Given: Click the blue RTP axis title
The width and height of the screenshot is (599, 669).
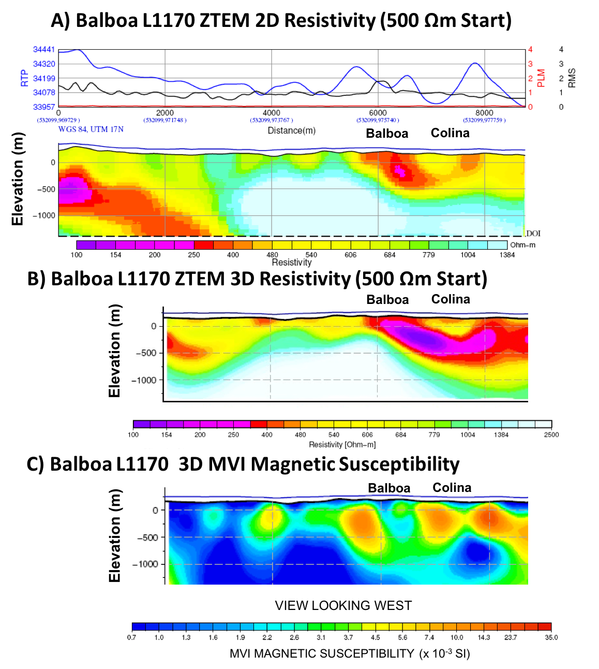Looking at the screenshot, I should [24, 78].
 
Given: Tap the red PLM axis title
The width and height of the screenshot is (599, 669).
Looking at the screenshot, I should [541, 78].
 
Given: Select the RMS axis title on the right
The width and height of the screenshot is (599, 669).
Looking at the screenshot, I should [572, 78].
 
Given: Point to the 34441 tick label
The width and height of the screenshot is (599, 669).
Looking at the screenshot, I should [44, 50].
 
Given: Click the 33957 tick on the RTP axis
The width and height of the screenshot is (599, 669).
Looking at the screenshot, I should [44, 107].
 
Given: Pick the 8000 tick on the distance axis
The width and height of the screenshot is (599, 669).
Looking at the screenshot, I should [484, 113].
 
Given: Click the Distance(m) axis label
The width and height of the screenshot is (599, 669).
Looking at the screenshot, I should [291, 130].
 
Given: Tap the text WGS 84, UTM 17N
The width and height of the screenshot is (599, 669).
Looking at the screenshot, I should [91, 129].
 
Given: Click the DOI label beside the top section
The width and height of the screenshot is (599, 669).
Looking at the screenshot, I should [533, 234].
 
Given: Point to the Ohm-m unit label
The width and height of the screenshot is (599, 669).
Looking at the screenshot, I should [522, 245].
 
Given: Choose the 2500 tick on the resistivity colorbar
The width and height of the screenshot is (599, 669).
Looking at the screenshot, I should [551, 435].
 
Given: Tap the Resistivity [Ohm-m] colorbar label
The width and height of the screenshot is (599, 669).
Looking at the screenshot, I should [342, 445].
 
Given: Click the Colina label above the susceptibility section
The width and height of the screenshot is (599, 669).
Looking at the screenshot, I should [452, 488].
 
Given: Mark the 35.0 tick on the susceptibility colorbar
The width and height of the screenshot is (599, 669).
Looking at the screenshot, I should [551, 637].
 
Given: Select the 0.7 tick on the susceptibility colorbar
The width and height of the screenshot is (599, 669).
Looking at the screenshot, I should [131, 637].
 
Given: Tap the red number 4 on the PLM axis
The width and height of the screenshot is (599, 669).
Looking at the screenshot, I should [530, 50].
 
